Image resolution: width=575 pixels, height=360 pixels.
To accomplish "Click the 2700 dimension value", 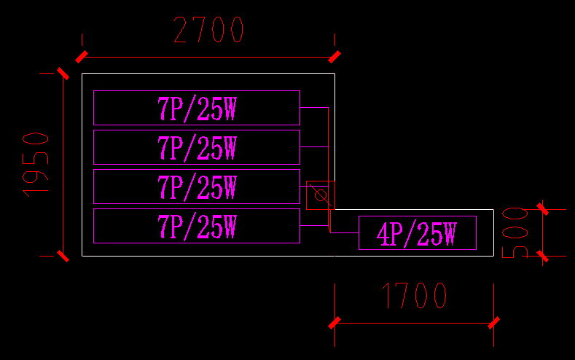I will (208, 31).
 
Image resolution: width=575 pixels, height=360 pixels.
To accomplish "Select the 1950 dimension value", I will (36, 164).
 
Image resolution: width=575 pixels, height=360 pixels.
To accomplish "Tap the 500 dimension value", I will (515, 232).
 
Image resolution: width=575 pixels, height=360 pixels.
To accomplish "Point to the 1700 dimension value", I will (415, 296).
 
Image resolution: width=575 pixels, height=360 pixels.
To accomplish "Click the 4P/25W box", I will (417, 233).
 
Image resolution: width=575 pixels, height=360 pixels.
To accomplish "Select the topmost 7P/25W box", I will (197, 108).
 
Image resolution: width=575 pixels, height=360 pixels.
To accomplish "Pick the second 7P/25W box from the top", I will (197, 147).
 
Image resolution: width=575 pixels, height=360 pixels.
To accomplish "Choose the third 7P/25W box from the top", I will (197, 187).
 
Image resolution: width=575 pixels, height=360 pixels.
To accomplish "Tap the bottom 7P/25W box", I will (197, 226).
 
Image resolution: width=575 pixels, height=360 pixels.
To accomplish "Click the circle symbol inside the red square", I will (319, 195).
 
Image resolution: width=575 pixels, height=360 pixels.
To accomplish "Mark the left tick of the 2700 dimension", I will (82, 57).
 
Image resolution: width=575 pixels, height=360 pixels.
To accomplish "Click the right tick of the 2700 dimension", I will (335, 57).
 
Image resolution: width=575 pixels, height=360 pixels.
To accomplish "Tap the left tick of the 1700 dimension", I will (335, 322).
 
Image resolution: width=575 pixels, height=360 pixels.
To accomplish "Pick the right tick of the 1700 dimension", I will (494, 322).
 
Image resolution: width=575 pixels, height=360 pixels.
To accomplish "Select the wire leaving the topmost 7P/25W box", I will (314, 108).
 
